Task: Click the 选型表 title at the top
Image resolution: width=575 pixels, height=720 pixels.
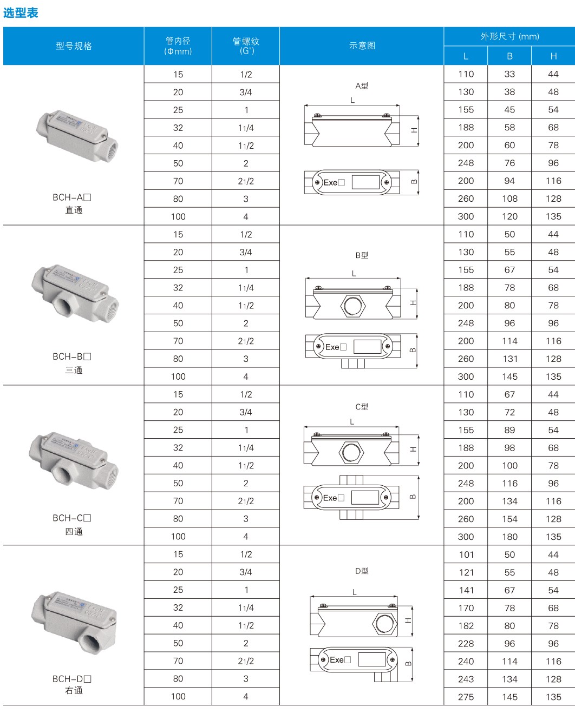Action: [21, 13]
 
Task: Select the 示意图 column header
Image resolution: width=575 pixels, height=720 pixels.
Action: [362, 45]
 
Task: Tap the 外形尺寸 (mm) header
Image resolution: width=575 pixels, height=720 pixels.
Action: [509, 36]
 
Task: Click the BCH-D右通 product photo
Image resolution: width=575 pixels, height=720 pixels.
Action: [74, 623]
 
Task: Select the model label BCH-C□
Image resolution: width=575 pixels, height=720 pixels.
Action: [71, 518]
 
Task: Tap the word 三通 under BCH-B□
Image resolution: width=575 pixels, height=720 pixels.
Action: [74, 370]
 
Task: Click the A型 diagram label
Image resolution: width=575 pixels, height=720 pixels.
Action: [362, 86]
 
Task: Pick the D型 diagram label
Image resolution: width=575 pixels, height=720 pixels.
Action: [362, 571]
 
